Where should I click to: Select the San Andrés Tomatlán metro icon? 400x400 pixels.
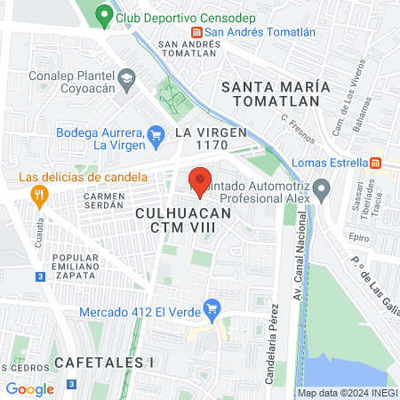click(196, 32)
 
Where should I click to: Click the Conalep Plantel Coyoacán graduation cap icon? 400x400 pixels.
click(126, 78)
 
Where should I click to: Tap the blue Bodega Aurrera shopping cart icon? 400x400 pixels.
click(156, 134)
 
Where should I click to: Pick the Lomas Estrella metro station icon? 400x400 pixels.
click(376, 163)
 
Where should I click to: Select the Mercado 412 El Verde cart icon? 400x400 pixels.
click(212, 310)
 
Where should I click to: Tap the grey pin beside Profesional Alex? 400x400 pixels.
click(322, 188)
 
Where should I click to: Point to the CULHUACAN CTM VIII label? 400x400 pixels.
click(183, 221)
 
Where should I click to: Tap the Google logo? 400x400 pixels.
click(29, 388)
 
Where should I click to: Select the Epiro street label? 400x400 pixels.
click(359, 238)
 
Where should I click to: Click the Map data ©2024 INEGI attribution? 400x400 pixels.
click(347, 393)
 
